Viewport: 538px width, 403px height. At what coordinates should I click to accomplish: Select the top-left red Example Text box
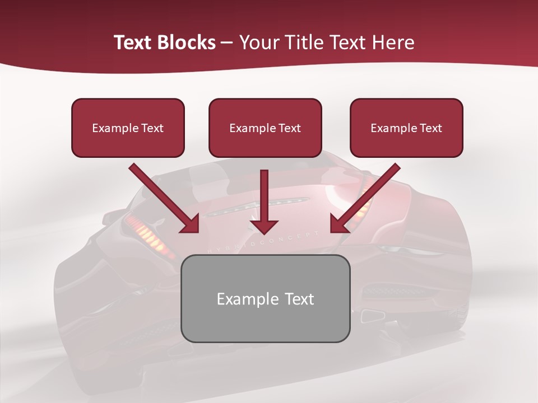click(128, 128)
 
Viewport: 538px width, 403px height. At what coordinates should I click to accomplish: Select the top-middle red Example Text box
click(265, 128)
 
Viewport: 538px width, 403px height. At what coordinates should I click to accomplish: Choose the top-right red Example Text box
click(406, 128)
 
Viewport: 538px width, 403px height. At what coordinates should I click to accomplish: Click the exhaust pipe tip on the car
click(372, 316)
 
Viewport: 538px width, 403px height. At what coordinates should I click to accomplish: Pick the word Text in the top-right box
click(430, 128)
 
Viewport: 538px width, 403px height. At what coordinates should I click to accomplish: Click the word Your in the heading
click(259, 43)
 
